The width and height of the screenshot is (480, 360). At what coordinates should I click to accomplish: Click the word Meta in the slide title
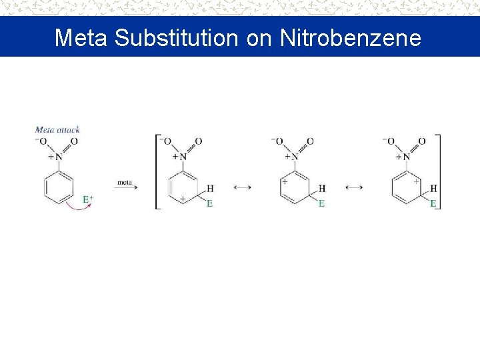(x=81, y=37)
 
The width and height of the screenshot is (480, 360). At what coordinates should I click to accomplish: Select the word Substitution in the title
(x=176, y=37)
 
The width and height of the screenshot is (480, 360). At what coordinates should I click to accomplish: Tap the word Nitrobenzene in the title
(x=351, y=37)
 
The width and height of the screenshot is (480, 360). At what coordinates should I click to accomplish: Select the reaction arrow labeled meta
(x=125, y=187)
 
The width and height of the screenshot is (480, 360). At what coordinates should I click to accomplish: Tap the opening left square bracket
(x=157, y=172)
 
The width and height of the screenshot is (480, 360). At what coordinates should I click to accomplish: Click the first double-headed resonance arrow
(x=243, y=188)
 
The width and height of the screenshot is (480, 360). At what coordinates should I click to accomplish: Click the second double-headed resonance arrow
(x=355, y=188)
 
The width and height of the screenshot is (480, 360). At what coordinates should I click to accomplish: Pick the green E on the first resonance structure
(x=209, y=203)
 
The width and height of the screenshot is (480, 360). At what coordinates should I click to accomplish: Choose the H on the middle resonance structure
(x=322, y=189)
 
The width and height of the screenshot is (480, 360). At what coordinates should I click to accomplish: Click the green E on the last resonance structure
(x=433, y=203)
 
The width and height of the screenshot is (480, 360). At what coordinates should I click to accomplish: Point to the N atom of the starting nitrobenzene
(x=59, y=157)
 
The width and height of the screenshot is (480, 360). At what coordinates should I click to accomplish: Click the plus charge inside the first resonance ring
(x=182, y=199)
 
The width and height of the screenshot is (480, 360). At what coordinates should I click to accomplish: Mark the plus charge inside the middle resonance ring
(x=285, y=180)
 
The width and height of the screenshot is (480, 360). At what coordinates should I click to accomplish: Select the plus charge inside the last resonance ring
(x=416, y=181)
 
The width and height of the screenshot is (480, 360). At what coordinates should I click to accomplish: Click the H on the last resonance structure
(x=434, y=189)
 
